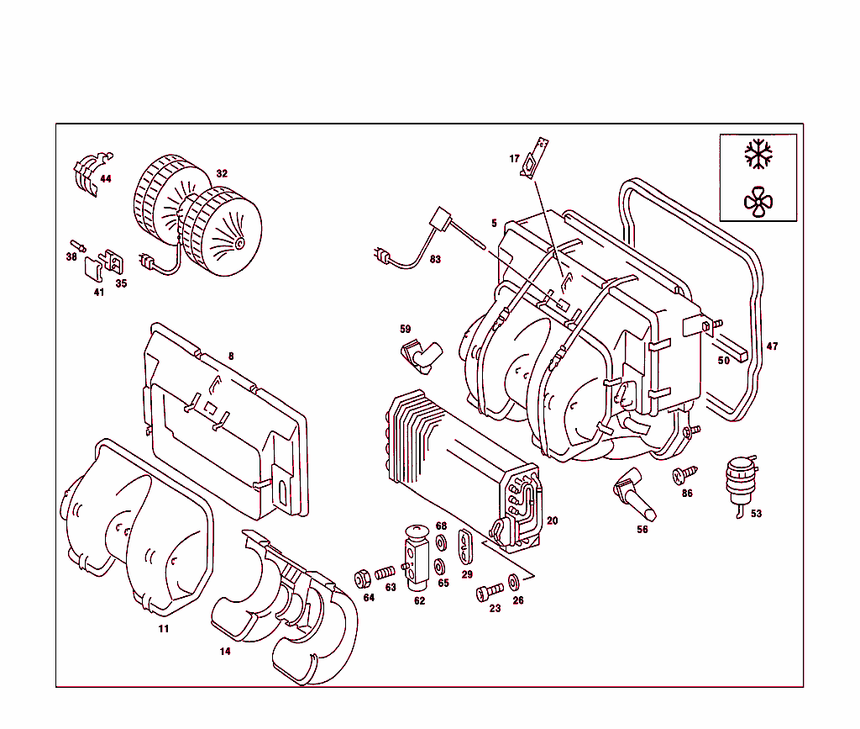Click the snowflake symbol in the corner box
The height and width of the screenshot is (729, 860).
758,155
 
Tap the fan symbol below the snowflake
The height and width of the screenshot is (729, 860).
758,201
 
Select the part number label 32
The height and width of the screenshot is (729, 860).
222,174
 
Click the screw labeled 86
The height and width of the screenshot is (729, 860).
681,477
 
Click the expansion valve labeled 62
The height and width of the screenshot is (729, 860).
417,558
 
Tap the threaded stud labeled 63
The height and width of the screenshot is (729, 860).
385,573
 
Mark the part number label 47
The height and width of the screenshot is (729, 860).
772,346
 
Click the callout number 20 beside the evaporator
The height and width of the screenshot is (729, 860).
552,521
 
